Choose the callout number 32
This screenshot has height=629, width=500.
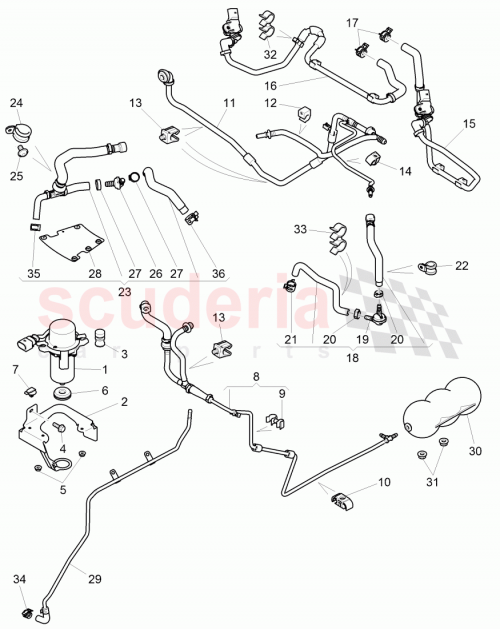(x=270, y=55)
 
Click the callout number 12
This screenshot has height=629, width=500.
(x=270, y=103)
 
